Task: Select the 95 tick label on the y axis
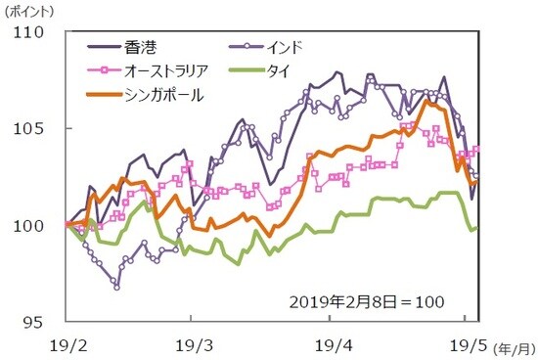[x=44, y=321]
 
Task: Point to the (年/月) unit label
[x=513, y=347]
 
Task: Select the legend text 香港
[x=141, y=46]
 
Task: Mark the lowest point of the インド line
[x=116, y=288]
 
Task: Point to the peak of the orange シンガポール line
[x=426, y=101]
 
